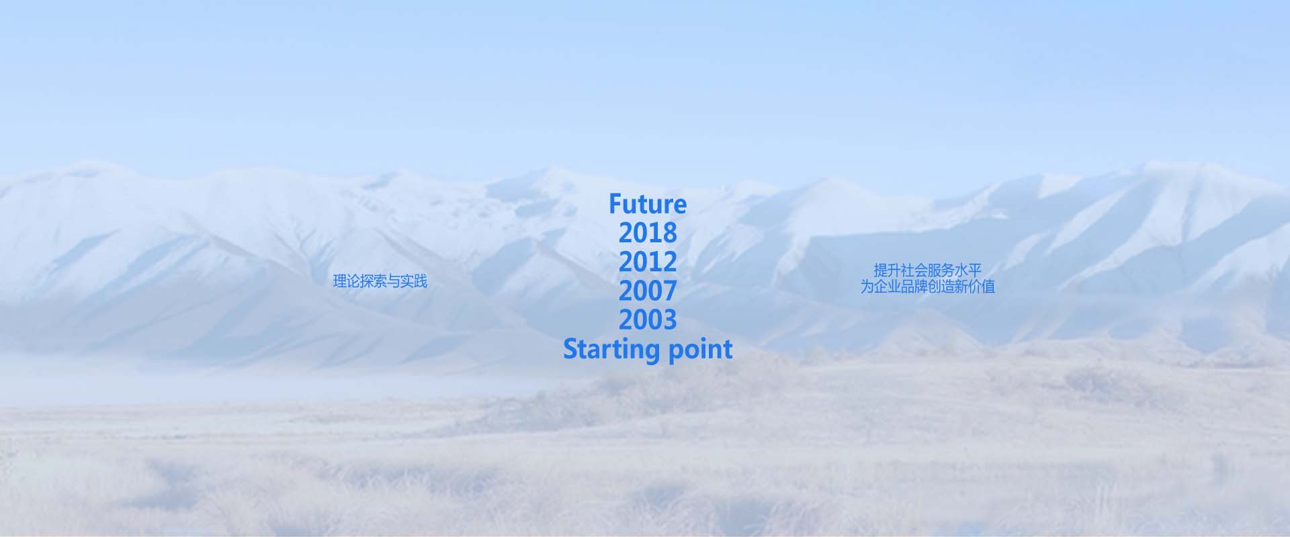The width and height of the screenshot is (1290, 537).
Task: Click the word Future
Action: (x=648, y=204)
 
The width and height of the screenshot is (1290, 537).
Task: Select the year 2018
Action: (x=648, y=233)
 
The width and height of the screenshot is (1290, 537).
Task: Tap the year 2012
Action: (x=648, y=262)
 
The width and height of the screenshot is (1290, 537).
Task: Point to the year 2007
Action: (x=648, y=291)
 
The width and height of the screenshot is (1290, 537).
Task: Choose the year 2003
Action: (x=648, y=320)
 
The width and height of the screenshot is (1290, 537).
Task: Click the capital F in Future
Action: (x=615, y=204)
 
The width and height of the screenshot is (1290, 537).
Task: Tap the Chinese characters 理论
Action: (x=346, y=281)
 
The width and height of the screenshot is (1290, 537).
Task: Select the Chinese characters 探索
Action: (x=373, y=281)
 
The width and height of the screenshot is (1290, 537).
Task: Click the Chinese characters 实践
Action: (x=414, y=281)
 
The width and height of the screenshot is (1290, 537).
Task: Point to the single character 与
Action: (x=394, y=281)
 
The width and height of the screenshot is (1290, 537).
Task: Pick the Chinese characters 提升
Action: (x=887, y=270)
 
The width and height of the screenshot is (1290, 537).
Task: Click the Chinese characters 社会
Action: (x=914, y=270)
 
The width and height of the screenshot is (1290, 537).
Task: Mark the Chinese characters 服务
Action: (x=941, y=270)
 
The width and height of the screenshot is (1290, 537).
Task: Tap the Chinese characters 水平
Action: (x=968, y=270)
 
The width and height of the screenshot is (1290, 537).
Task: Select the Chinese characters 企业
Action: (x=887, y=287)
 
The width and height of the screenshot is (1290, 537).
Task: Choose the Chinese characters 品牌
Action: (x=914, y=287)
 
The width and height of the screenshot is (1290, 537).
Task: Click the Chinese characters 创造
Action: (x=941, y=287)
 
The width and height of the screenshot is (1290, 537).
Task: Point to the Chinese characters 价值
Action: (x=982, y=287)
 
